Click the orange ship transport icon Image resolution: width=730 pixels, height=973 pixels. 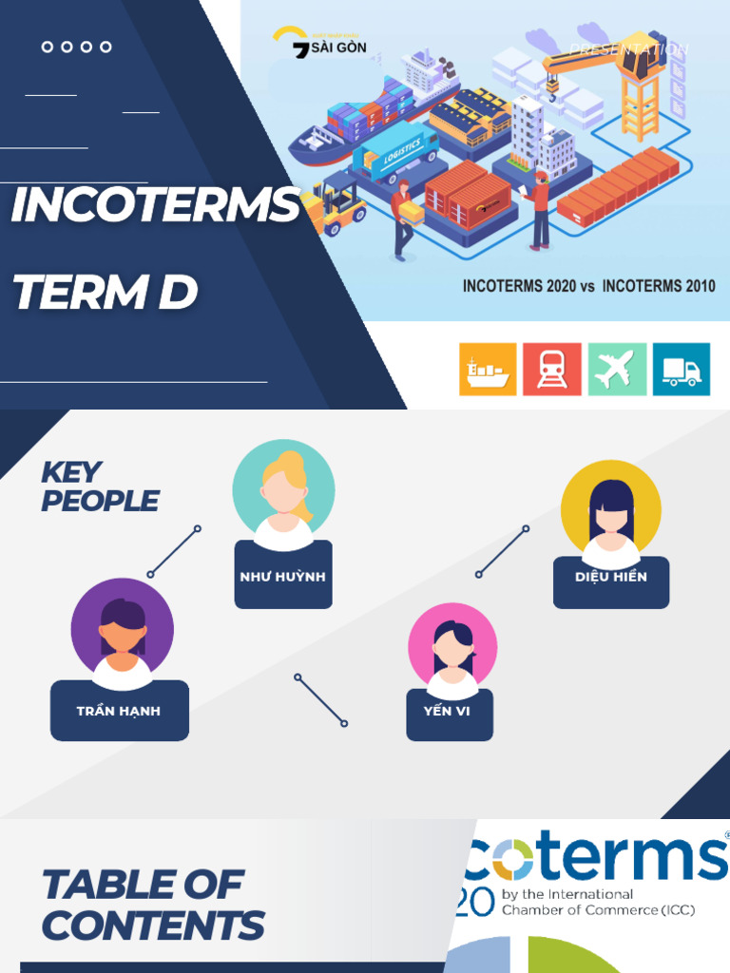[x=488, y=369]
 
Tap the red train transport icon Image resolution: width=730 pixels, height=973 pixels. [x=552, y=369]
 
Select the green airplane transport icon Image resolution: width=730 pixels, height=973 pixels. [x=616, y=369]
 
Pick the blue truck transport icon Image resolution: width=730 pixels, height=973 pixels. [x=681, y=369]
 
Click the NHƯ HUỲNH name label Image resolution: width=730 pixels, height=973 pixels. [x=283, y=577]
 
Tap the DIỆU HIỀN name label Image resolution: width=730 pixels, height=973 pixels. [x=611, y=577]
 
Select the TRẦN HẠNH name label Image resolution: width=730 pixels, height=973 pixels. [x=119, y=711]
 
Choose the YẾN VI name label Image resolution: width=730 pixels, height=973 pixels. [x=449, y=711]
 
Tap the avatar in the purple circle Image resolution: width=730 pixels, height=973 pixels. [x=122, y=629]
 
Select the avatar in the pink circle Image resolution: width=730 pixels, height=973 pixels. [x=452, y=650]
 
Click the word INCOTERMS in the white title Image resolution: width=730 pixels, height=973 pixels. [x=155, y=206]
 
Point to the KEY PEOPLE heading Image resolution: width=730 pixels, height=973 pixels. [x=99, y=486]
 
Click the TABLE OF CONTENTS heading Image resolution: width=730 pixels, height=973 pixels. [x=152, y=904]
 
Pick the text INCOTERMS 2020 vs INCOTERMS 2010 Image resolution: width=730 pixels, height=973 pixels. [x=588, y=285]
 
